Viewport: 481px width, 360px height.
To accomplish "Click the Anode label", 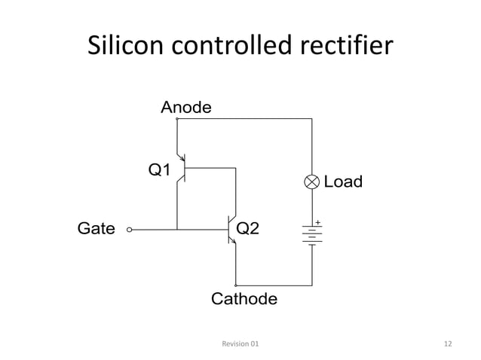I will tap(186, 108).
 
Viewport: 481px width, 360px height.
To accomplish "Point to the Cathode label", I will tap(244, 299).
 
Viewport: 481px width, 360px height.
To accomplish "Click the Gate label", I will tap(97, 228).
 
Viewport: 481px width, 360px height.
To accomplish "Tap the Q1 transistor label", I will tap(159, 170).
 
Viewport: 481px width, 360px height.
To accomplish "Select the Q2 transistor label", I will tap(249, 228).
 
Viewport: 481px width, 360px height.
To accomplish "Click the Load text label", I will tap(342, 182).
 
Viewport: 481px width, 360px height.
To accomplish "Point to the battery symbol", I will tap(312, 235).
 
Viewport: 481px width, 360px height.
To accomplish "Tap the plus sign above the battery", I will tap(318, 222).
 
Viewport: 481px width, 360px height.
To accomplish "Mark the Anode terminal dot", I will tap(176, 118).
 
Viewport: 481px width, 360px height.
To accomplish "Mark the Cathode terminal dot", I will tap(236, 286).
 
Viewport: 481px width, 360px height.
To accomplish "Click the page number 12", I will tap(448, 343).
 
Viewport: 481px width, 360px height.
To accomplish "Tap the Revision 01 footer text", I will tap(240, 343).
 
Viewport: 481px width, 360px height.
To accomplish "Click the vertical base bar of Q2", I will tap(228, 229).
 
